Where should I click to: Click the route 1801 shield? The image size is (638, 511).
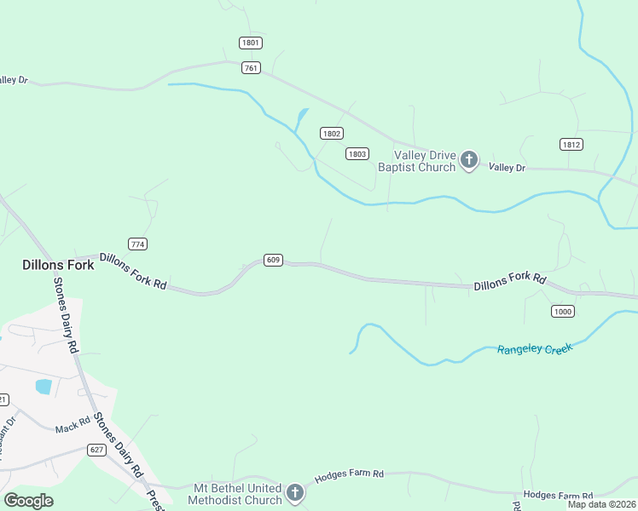[251, 43]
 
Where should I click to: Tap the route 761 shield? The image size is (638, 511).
[251, 68]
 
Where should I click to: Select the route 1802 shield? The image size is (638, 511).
[332, 133]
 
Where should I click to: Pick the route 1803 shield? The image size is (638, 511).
[357, 153]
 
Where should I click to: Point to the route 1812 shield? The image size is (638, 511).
[571, 144]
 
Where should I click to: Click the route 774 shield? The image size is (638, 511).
[138, 244]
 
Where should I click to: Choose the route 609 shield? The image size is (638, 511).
[273, 260]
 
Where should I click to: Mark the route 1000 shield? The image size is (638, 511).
[562, 311]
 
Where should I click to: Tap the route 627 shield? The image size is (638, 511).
[96, 449]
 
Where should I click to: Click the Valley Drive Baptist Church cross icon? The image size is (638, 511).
[468, 159]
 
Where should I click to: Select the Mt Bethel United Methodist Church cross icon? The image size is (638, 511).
[294, 492]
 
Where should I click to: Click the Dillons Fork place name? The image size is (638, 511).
[58, 265]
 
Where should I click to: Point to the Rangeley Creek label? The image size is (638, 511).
[535, 349]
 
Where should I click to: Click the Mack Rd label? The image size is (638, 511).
[72, 426]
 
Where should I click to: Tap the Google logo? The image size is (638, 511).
[28, 501]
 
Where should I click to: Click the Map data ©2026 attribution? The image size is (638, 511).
[602, 504]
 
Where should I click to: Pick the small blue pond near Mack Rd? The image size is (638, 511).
[43, 387]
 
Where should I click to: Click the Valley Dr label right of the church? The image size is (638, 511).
[507, 168]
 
